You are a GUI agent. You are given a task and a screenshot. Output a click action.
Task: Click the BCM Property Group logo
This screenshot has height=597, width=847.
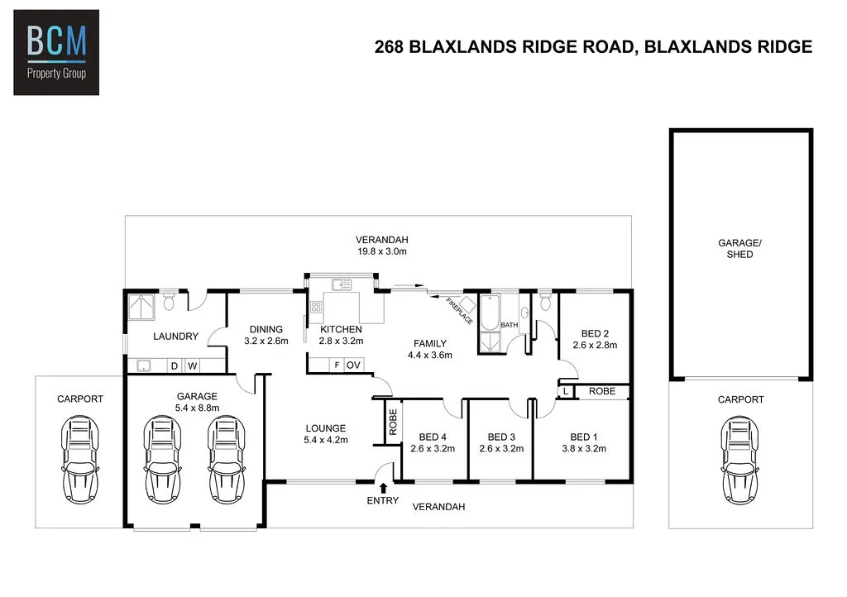[x=56, y=52]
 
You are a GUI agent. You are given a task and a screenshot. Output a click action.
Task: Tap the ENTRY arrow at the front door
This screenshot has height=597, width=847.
[x=383, y=488]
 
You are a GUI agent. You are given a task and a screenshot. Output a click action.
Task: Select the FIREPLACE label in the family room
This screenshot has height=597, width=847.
[x=459, y=312]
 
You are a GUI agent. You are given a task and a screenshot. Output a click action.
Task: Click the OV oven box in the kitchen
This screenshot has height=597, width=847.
[x=354, y=365]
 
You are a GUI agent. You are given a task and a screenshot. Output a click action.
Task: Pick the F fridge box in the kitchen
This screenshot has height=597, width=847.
[x=337, y=365]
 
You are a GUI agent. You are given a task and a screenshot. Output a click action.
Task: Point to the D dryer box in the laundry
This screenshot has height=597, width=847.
[x=175, y=366]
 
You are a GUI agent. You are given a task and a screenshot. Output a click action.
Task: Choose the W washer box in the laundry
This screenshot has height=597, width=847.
[x=192, y=366]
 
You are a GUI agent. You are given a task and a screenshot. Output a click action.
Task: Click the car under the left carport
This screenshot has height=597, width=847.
[x=80, y=460]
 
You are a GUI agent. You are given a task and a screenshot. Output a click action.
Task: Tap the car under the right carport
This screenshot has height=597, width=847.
[x=739, y=460]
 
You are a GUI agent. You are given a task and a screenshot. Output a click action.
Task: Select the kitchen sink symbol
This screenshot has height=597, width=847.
[x=342, y=284]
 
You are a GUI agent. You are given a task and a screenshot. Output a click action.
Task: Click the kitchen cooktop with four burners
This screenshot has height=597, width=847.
[x=316, y=307]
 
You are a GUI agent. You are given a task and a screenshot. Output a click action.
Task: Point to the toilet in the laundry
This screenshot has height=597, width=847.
[x=169, y=302]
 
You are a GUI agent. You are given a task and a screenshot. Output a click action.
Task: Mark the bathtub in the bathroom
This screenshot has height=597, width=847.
[x=490, y=313]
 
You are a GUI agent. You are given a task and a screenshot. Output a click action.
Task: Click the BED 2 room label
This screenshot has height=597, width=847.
[x=595, y=333]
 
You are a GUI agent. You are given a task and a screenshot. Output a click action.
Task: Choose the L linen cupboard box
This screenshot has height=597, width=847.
[x=566, y=391]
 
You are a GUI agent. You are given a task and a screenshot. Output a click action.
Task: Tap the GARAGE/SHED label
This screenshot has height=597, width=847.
[x=739, y=249]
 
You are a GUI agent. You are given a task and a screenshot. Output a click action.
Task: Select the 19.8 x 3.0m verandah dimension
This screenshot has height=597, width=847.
[x=382, y=251]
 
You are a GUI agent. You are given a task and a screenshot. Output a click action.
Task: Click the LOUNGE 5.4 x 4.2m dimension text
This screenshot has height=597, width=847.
[x=326, y=440]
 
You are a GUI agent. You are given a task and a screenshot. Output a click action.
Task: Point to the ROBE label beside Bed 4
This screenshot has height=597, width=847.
[x=393, y=422]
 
